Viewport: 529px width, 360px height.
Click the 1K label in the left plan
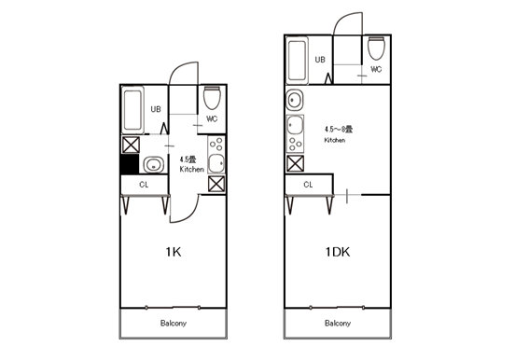point(174,252)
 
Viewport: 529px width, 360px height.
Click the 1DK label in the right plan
point(338,252)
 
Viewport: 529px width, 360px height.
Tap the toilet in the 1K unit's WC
point(212,98)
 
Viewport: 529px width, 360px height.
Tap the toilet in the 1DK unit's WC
point(376,48)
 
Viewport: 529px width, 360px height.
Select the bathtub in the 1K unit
point(132,110)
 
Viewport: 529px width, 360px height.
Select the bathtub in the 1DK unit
point(297,61)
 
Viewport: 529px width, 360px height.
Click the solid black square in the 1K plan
point(130,164)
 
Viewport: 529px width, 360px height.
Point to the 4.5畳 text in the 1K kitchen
point(188,159)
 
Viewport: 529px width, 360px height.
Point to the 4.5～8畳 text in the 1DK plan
point(339,129)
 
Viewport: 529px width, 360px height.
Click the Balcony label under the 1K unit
point(174,324)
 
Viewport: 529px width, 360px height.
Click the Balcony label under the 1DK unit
point(338,324)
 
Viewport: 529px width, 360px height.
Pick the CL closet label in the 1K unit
point(144,185)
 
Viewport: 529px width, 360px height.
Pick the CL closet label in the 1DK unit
point(308,185)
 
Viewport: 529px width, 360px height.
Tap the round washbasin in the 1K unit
point(154,165)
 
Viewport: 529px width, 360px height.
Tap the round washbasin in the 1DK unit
point(295,100)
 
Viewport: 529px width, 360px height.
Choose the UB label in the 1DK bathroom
point(320,60)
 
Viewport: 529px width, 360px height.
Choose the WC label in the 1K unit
point(212,118)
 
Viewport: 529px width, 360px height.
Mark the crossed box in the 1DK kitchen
point(295,163)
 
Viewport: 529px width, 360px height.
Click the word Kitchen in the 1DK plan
point(335,140)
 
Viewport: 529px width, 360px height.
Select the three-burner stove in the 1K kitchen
point(216,145)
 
